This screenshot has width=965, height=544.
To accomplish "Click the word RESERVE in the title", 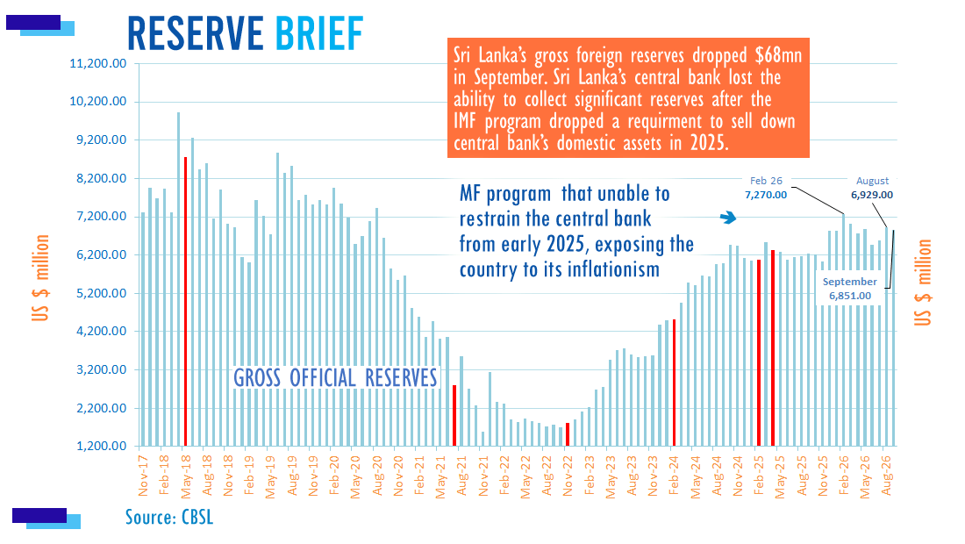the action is pos(195,33).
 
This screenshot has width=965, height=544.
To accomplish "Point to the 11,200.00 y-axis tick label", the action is pos(98,63).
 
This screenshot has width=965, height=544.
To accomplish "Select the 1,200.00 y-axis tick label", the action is pos(101,446).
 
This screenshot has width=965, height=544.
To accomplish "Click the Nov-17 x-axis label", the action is pos(143,475).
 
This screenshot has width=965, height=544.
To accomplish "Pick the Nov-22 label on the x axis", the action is pos(568,475).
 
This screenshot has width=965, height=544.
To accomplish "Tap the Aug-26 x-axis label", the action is pos(886,475).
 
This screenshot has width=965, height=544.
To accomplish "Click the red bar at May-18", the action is pos(185,302).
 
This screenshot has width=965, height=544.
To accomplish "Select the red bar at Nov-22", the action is pos(568,434).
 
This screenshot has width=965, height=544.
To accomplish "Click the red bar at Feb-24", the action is pos(674,383).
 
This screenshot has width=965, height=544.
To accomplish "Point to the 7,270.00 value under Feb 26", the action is pos(766,195).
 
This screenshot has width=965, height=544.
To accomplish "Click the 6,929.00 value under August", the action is pos(871,195).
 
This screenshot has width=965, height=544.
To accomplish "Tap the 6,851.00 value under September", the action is pos(850,296).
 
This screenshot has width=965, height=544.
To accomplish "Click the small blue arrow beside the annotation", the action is pos(728,218).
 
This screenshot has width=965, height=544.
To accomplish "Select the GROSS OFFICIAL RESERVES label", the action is pos(335,378).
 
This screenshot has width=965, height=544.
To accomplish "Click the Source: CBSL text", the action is pos(169,517).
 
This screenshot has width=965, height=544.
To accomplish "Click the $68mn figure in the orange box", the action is pos(778,55).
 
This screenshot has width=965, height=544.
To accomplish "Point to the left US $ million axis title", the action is pos(40,277).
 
